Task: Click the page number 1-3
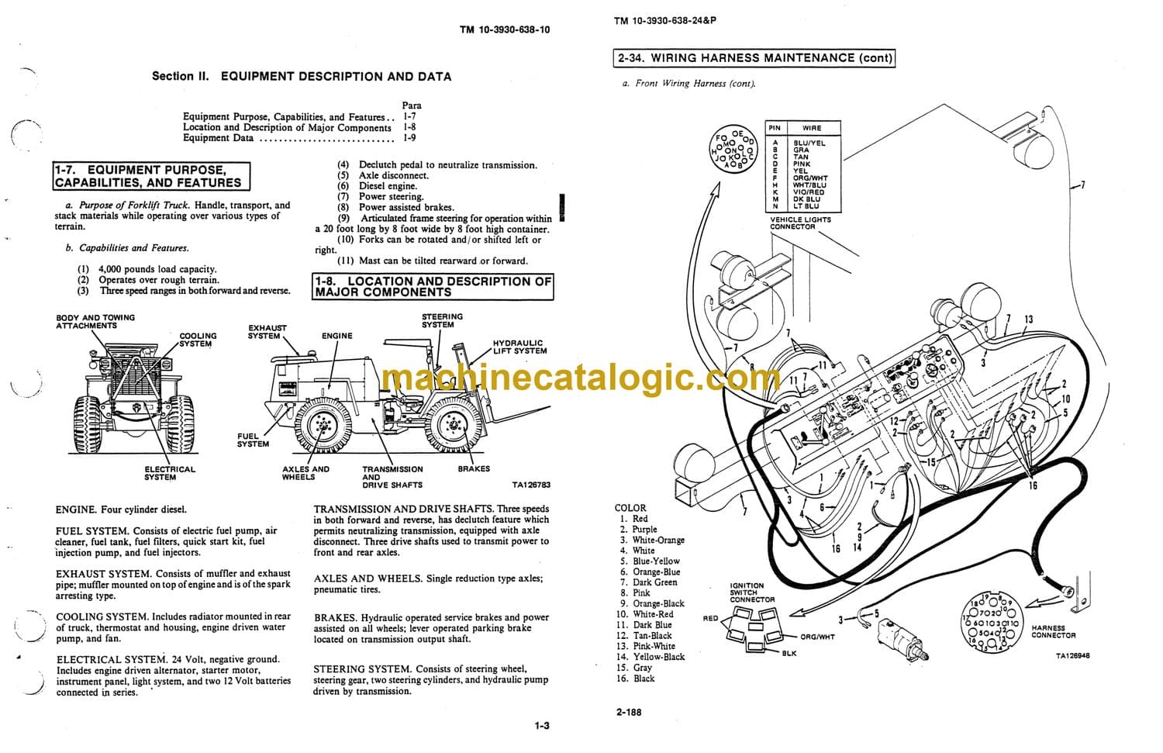pyautogui.click(x=541, y=726)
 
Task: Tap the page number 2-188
pyautogui.click(x=629, y=712)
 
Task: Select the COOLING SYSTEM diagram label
pyautogui.click(x=198, y=340)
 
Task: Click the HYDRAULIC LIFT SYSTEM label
pyautogui.click(x=519, y=347)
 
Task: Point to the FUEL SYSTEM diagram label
pyautogui.click(x=253, y=440)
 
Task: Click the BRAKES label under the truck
pyautogui.click(x=474, y=468)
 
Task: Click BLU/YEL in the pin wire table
pyautogui.click(x=809, y=143)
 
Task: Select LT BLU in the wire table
pyautogui.click(x=806, y=206)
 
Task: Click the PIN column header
pyautogui.click(x=775, y=127)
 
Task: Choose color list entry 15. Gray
pyautogui.click(x=635, y=668)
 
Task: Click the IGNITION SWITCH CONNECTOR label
pyautogui.click(x=752, y=592)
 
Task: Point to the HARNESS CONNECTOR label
pyautogui.click(x=1053, y=631)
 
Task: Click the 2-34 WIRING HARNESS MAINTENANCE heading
pyautogui.click(x=754, y=57)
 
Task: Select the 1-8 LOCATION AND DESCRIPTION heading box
pyautogui.click(x=433, y=287)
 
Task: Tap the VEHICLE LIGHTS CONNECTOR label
pyautogui.click(x=799, y=223)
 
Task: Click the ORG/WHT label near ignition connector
pyautogui.click(x=817, y=637)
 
